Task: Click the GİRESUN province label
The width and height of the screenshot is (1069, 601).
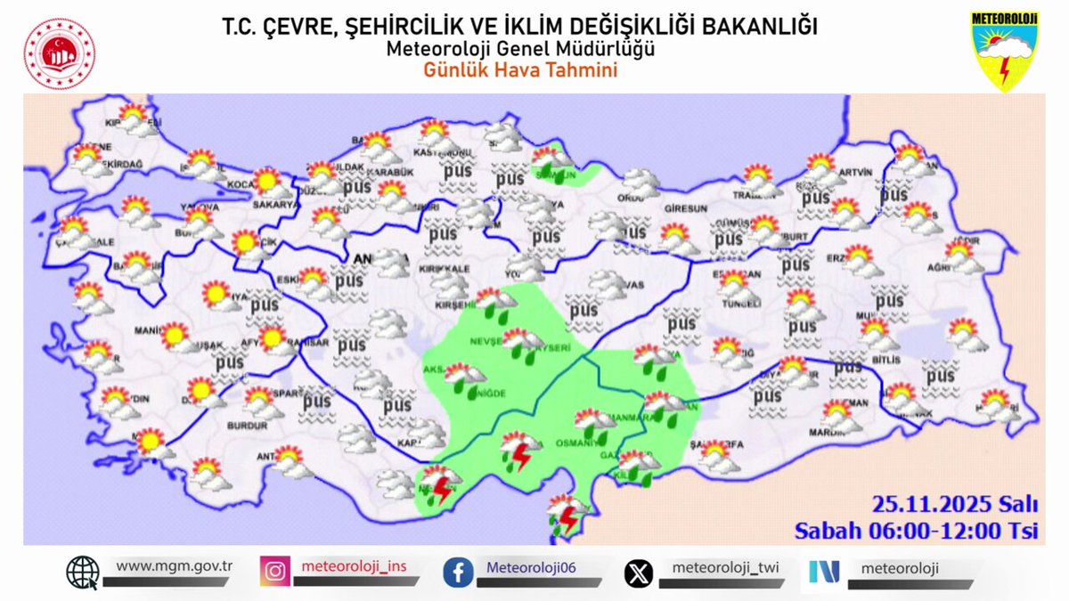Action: click(x=685, y=208)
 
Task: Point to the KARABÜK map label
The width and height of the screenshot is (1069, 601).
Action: click(x=394, y=172)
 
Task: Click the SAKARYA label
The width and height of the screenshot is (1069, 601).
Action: click(x=277, y=205)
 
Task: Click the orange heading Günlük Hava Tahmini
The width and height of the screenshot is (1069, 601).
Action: click(x=520, y=70)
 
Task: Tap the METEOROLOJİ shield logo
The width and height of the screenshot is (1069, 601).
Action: click(x=1006, y=52)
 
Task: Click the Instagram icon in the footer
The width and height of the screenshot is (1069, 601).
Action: click(x=275, y=572)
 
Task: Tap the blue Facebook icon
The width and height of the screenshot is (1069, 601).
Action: click(x=458, y=572)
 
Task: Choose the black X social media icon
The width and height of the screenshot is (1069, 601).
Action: click(x=638, y=572)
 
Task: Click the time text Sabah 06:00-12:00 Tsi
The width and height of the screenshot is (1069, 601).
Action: click(x=918, y=531)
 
